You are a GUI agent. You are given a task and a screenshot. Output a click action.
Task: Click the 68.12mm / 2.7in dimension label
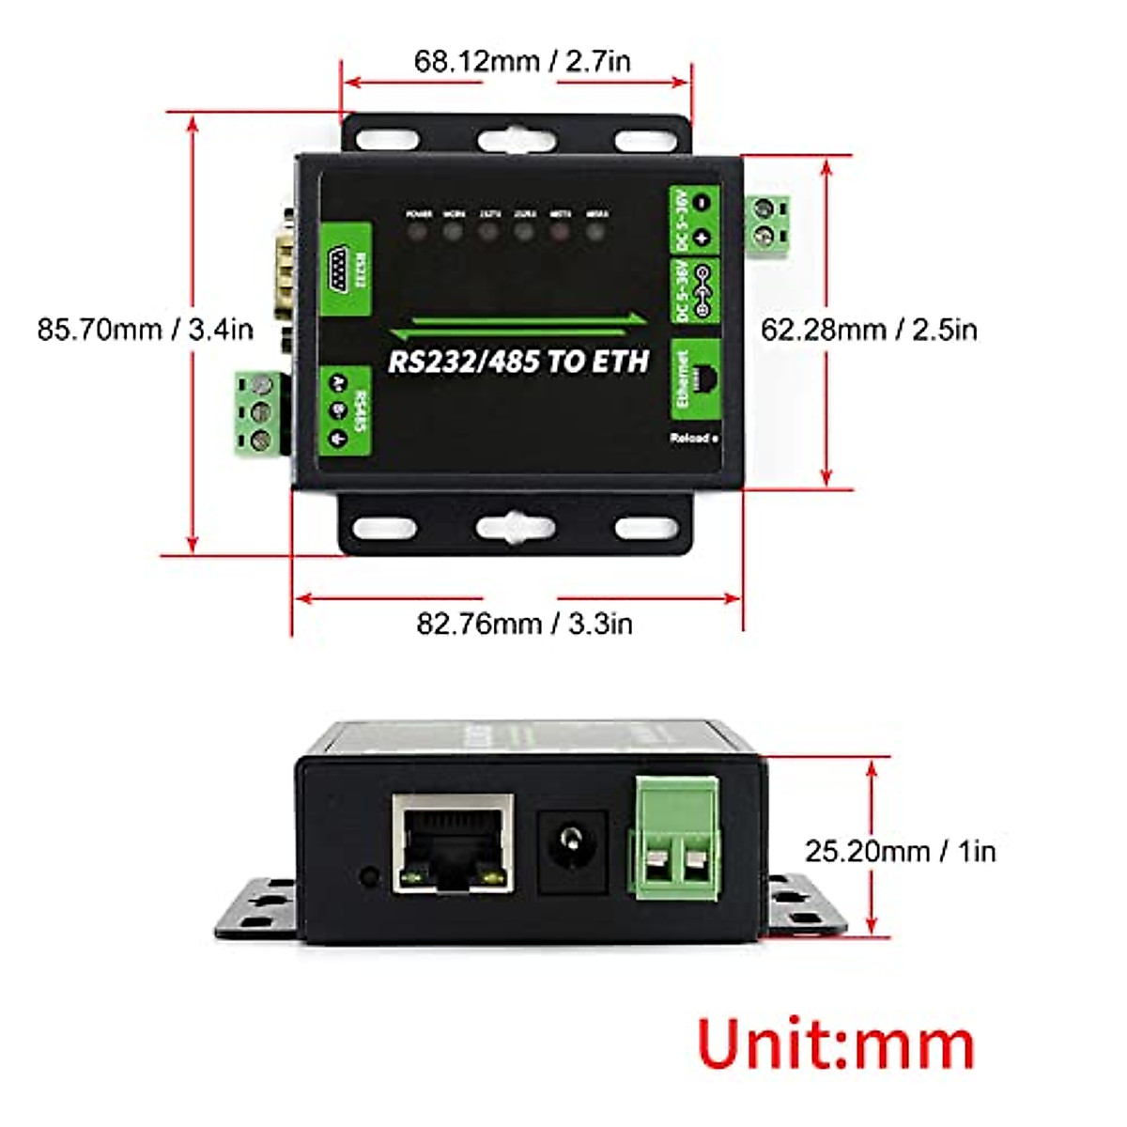click(522, 62)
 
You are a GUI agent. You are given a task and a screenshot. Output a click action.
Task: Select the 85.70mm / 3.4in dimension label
click(146, 330)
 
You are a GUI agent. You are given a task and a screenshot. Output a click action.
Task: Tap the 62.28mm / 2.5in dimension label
click(869, 330)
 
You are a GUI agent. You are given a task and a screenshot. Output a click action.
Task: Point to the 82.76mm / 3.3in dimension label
click(524, 624)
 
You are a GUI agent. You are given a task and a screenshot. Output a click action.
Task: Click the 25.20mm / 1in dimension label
click(900, 851)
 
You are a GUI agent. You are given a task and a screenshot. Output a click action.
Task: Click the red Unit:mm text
click(836, 1043)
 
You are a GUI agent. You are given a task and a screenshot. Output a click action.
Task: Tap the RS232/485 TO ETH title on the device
click(518, 362)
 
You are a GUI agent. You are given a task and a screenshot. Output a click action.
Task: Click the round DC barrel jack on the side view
click(570, 839)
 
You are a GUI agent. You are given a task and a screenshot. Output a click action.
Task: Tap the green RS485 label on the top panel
click(346, 410)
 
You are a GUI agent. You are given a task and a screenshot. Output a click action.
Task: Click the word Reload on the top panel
click(691, 439)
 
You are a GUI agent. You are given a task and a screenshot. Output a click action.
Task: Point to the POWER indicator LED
click(419, 229)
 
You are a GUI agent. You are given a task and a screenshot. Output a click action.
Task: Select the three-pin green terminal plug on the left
click(259, 413)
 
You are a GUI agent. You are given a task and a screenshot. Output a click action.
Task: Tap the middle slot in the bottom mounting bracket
click(515, 527)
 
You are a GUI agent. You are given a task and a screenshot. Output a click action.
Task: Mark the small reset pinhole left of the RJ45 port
click(369, 878)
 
